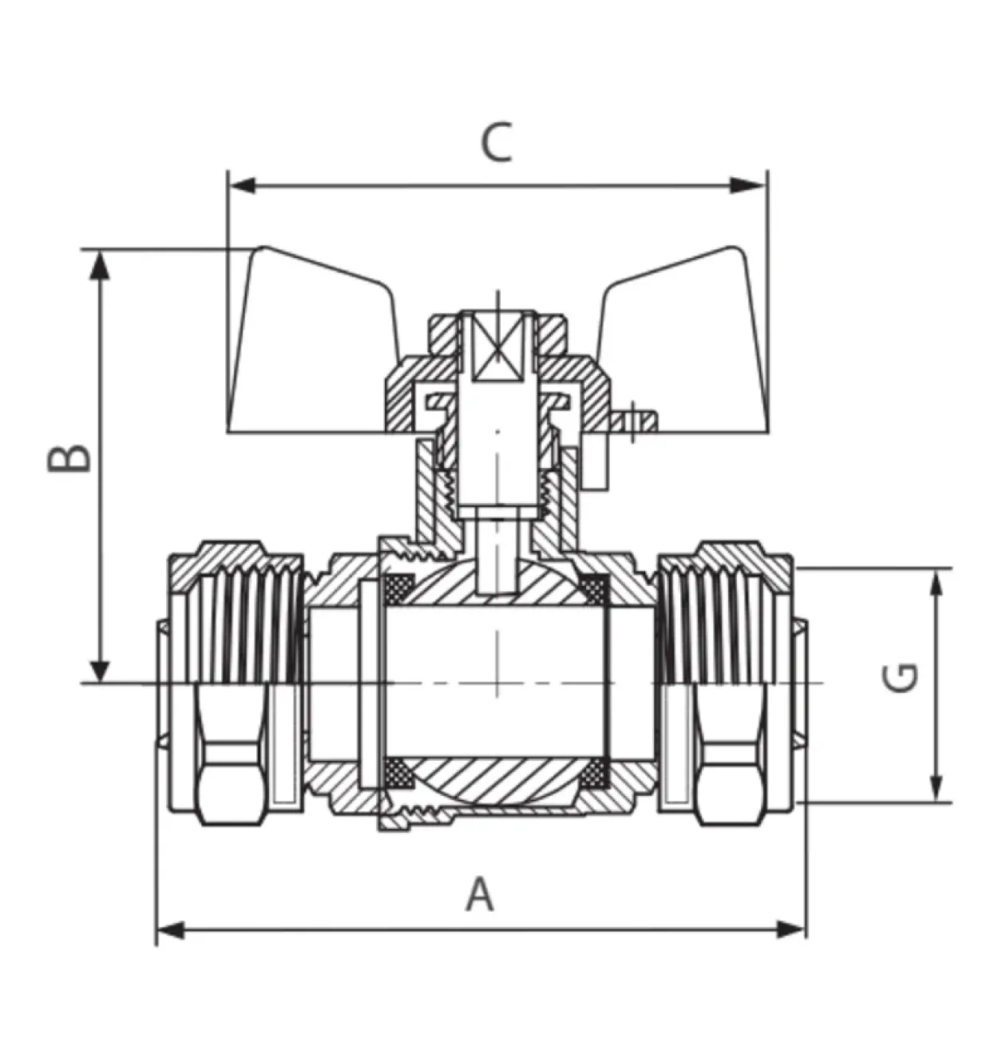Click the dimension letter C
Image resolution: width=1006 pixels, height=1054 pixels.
coord(497,142)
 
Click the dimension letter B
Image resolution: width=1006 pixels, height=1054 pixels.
coord(68,458)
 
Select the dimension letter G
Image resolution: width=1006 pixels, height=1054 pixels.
coord(899,679)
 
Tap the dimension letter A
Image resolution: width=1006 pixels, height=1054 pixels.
coord(479,894)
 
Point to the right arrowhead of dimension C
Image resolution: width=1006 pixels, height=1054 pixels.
coord(749,185)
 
